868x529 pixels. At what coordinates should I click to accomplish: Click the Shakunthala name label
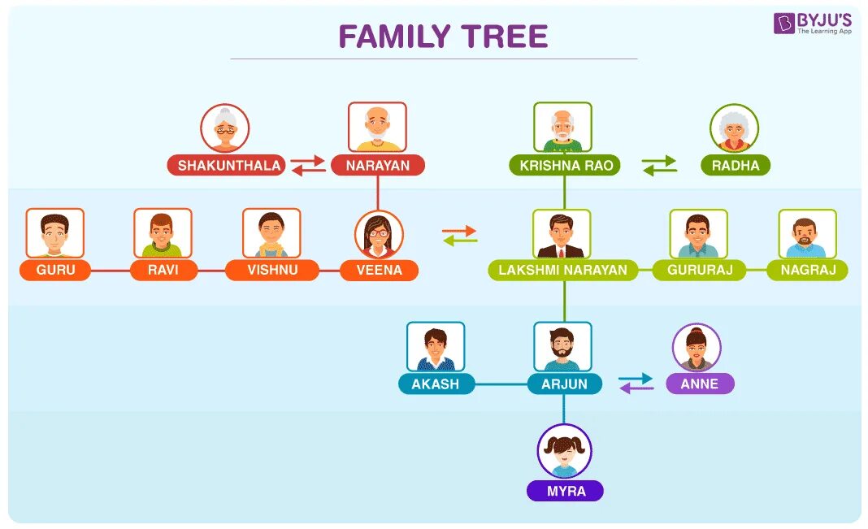229,166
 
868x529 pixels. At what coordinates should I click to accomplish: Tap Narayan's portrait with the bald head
377,127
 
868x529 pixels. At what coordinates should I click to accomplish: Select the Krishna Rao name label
565,166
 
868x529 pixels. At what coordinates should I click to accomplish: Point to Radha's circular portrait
734,128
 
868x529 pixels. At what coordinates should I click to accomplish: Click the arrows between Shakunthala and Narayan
308,166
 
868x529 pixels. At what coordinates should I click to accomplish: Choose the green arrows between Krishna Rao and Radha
659,166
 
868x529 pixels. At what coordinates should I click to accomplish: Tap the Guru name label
55,270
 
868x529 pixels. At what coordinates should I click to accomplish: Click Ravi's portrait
163,234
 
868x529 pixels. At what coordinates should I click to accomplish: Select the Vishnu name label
272,270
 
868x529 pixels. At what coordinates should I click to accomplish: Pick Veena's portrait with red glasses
379,235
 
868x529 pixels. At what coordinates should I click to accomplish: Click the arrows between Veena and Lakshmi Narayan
460,236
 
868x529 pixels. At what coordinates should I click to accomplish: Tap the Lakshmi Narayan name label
563,270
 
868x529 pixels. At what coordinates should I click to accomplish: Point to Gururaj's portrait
698,234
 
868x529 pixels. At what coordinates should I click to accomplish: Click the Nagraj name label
807,270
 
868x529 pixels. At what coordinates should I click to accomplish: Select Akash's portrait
436,347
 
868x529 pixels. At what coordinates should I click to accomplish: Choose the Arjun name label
564,384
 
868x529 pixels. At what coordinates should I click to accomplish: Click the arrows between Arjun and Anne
636,384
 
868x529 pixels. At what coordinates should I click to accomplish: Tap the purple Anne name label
700,384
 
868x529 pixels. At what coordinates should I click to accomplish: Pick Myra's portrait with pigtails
564,450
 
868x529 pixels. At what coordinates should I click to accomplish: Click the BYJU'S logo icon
784,24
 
